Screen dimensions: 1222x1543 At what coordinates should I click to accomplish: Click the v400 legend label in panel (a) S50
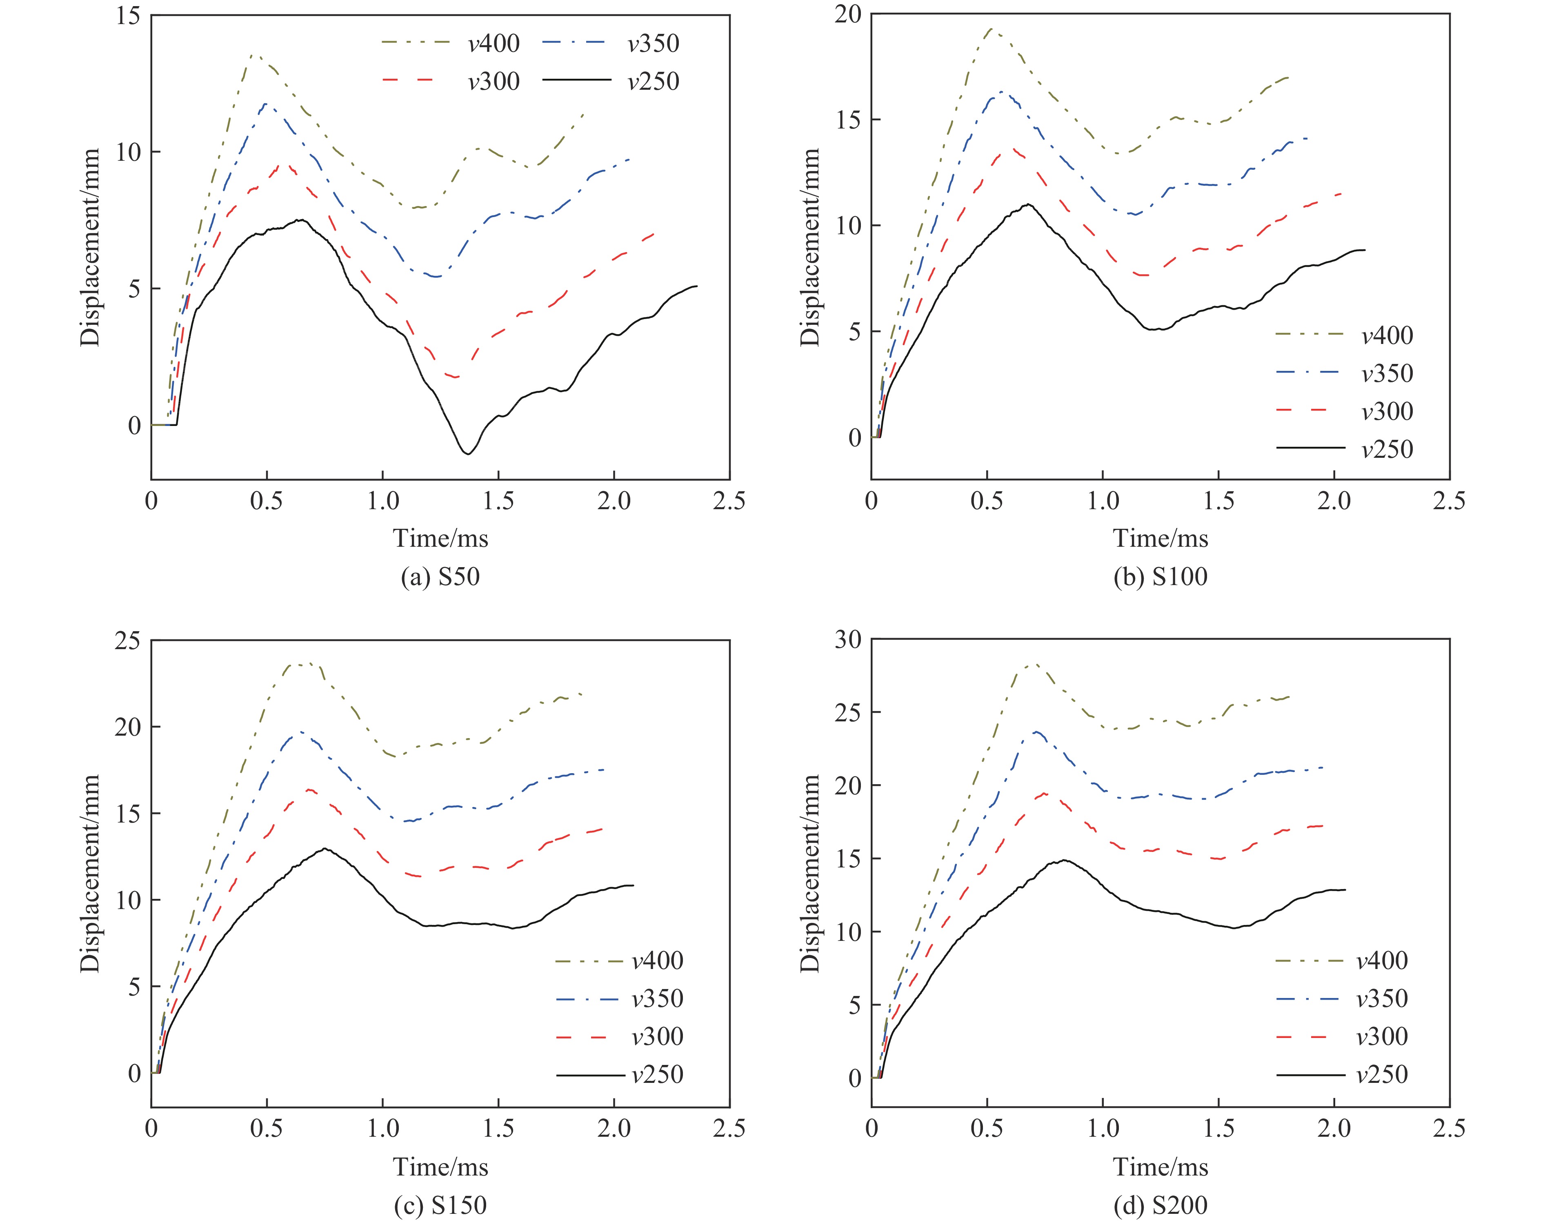(x=494, y=44)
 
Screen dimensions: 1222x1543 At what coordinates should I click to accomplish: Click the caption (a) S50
(x=440, y=576)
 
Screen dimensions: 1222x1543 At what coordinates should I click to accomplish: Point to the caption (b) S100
(x=1160, y=576)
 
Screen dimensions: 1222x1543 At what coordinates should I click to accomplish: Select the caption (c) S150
(x=440, y=1206)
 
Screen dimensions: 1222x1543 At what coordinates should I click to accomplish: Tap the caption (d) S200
(x=1160, y=1206)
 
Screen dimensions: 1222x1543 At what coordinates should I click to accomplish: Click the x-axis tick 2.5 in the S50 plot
(x=729, y=501)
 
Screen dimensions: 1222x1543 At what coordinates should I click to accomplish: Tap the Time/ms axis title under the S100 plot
(x=1160, y=538)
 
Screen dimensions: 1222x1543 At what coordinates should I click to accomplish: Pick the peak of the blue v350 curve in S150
(x=300, y=731)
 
